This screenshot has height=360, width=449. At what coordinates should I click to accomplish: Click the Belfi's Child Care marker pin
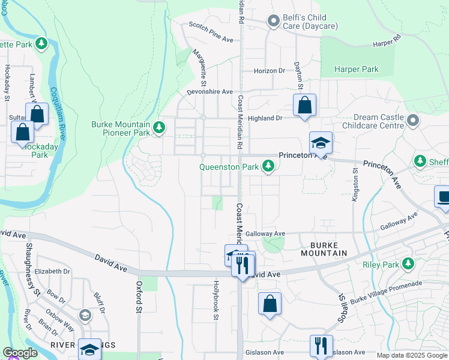(274, 22)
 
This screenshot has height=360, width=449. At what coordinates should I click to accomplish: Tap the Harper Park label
(357, 70)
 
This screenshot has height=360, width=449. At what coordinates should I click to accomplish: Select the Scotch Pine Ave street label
(211, 32)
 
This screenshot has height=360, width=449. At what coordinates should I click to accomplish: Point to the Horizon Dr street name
(269, 71)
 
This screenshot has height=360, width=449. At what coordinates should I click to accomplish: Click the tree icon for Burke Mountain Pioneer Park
(159, 127)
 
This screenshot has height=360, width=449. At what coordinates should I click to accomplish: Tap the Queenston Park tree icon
(268, 167)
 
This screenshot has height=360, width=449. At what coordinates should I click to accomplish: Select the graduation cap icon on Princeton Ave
(321, 143)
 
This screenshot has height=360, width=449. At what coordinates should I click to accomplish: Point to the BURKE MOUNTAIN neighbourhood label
(328, 249)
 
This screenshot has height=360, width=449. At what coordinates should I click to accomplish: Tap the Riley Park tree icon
(408, 264)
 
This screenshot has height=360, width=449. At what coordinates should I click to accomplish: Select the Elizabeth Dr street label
(52, 271)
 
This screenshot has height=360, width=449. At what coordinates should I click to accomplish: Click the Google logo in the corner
(20, 353)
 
